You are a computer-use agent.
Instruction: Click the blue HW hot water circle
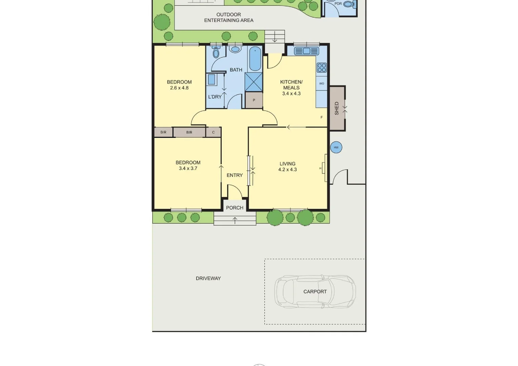[x=336, y=147]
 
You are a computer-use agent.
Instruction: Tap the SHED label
[x=337, y=108]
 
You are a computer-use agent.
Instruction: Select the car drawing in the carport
[x=315, y=291]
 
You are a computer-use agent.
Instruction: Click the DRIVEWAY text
[x=208, y=278]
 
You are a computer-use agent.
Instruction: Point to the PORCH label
[x=235, y=208]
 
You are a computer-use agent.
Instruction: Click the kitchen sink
[x=306, y=51]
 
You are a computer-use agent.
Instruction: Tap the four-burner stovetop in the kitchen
[x=322, y=68]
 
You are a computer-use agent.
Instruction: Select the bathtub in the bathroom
[x=255, y=59]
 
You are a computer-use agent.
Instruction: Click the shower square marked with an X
[x=254, y=82]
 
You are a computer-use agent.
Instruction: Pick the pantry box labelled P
[x=254, y=100]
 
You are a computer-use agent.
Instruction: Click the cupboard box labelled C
[x=213, y=132]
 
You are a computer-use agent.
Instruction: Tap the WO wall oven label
[x=322, y=83]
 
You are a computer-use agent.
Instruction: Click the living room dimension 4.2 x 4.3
[x=287, y=169]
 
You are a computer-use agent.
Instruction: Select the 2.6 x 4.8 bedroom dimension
[x=179, y=88]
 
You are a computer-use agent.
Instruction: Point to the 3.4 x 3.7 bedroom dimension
[x=188, y=168]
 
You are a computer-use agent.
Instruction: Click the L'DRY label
[x=215, y=97]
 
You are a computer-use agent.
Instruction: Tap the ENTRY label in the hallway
[x=235, y=175]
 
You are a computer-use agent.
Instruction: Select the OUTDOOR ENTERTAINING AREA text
[x=229, y=17]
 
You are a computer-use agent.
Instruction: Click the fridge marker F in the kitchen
[x=321, y=117]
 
